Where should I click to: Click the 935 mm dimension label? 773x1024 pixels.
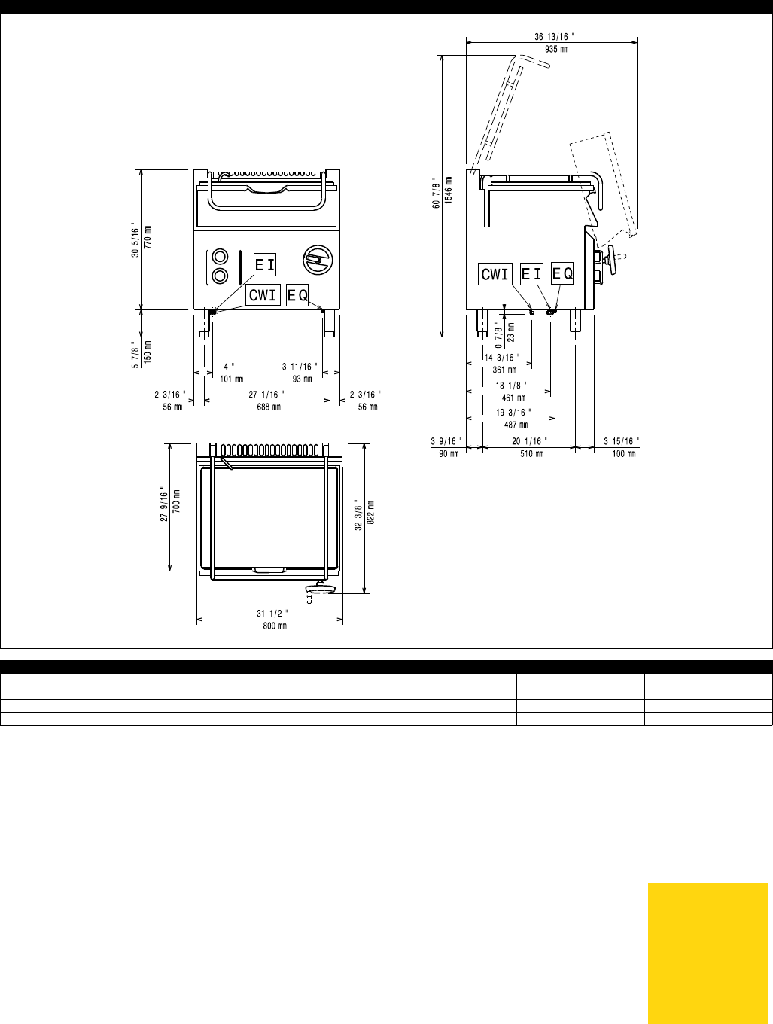pyautogui.click(x=557, y=49)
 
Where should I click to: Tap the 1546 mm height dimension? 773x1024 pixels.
pyautogui.click(x=449, y=190)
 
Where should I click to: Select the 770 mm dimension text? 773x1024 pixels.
pyautogui.click(x=148, y=237)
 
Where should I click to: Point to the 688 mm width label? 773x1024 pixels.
pyautogui.click(x=269, y=407)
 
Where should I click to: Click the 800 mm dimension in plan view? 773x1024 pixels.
pyautogui.click(x=275, y=626)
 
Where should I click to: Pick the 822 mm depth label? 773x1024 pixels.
pyautogui.click(x=371, y=512)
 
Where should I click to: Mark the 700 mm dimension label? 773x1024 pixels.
pyautogui.click(x=176, y=501)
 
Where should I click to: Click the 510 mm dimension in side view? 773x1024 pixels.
pyautogui.click(x=532, y=453)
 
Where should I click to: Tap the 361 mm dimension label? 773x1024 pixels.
pyautogui.click(x=504, y=370)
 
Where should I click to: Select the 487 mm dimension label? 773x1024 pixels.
pyautogui.click(x=516, y=425)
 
